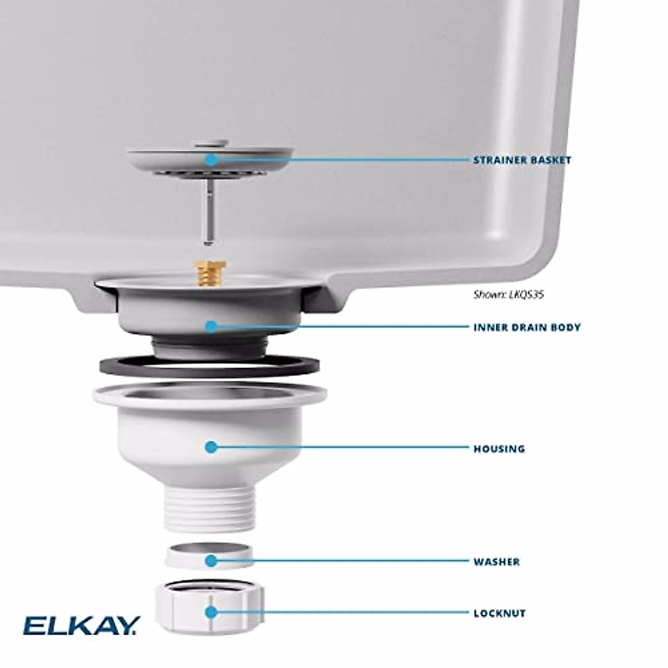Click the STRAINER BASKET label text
[522, 160]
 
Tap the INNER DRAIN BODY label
[527, 327]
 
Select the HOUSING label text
[499, 448]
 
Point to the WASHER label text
[497, 562]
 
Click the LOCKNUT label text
[499, 613]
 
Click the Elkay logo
[81, 625]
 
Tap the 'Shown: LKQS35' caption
[508, 294]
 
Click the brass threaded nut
[205, 273]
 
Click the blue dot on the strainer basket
[211, 160]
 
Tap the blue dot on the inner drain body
[211, 326]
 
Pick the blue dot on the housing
[211, 446]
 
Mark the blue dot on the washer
[211, 561]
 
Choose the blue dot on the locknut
[211, 612]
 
